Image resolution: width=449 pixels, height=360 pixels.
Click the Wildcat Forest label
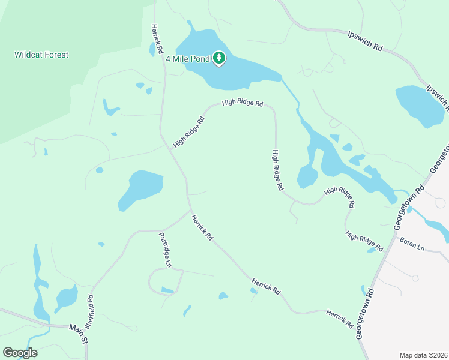41,55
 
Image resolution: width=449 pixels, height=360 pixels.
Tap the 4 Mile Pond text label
187,58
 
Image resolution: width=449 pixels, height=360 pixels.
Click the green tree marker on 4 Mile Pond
219,58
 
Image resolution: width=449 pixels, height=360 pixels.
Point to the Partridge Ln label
165,250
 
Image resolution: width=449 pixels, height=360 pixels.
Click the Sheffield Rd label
89,311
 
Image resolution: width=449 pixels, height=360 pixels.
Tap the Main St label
78,332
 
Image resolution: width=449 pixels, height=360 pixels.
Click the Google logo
20,352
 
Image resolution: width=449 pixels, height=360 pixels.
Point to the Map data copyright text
423,355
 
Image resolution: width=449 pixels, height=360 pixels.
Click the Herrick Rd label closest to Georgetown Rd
339,319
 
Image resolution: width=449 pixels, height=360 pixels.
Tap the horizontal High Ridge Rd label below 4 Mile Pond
243,103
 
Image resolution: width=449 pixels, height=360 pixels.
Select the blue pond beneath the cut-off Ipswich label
418,105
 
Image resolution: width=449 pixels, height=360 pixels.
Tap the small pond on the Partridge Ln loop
167,290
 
